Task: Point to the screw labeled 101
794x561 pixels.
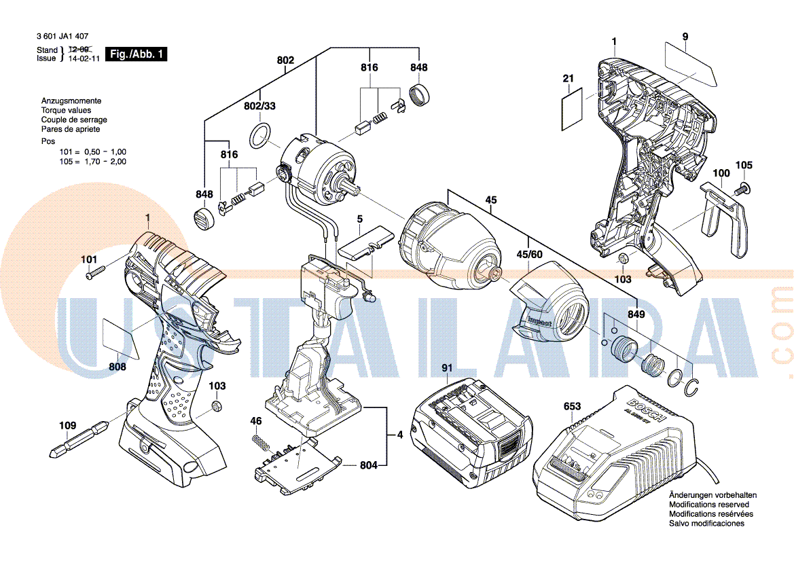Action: coord(96,274)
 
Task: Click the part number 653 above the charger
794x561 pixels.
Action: coord(573,406)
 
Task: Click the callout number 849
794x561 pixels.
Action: coord(636,314)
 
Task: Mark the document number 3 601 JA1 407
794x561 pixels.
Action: coord(62,37)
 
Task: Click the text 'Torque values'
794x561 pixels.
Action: coord(66,110)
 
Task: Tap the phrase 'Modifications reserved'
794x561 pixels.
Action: coord(709,505)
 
